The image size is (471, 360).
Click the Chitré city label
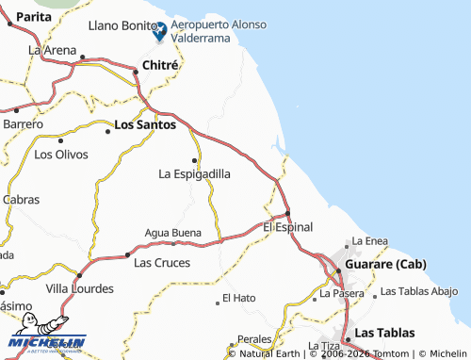click(160, 65)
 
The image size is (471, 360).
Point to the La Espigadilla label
click(194, 173)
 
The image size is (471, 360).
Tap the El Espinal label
click(287, 227)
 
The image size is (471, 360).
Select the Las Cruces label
click(162, 262)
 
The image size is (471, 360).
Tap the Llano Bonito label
click(120, 27)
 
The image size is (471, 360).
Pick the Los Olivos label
click(60, 153)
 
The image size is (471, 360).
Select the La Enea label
click(370, 241)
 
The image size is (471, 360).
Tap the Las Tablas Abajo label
click(419, 293)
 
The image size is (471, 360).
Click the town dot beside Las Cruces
click(128, 254)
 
